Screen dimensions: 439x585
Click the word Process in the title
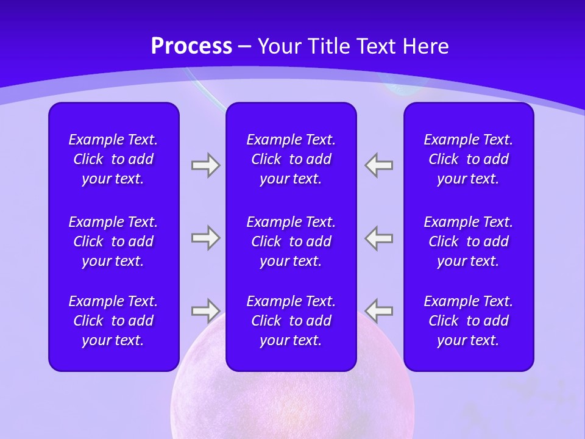(191, 46)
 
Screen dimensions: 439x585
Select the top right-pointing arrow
(205, 165)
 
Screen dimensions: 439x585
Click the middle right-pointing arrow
(205, 238)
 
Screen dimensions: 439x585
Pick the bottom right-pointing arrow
(205, 311)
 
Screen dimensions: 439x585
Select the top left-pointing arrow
(379, 165)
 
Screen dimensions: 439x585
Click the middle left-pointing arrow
(379, 238)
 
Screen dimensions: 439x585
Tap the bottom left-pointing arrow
(379, 311)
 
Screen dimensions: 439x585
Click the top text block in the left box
(113, 159)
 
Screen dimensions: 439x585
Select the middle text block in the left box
(113, 241)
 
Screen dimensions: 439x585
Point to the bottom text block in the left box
(113, 321)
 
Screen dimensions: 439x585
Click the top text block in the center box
(291, 159)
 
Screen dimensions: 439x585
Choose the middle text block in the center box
(291, 241)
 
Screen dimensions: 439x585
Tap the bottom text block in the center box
(291, 321)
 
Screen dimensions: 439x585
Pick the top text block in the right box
(468, 159)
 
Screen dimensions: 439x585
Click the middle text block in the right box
(468, 241)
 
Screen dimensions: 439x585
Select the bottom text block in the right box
(468, 321)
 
